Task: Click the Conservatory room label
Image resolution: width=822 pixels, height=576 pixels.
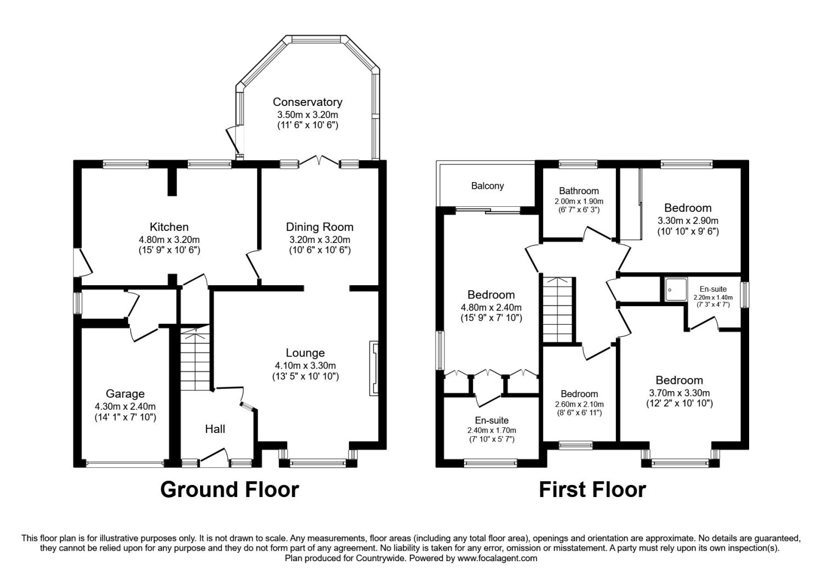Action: pyautogui.click(x=307, y=102)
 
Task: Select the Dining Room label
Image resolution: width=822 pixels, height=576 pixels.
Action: pyautogui.click(x=319, y=227)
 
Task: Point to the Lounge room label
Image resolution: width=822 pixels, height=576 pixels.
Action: pyautogui.click(x=305, y=353)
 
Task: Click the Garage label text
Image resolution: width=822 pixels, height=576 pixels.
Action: pyautogui.click(x=125, y=394)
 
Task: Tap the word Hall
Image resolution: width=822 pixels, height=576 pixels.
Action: pyautogui.click(x=215, y=429)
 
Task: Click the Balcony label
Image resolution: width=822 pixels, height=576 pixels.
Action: pyautogui.click(x=487, y=186)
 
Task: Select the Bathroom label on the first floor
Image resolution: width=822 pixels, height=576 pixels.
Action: pyautogui.click(x=579, y=191)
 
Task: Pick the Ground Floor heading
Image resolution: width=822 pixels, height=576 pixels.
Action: pyautogui.click(x=230, y=489)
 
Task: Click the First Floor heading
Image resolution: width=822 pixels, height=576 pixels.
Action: pyautogui.click(x=592, y=489)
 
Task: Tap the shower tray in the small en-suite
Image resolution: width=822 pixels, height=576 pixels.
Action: pyautogui.click(x=675, y=290)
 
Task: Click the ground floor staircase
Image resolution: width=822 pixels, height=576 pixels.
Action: pyautogui.click(x=196, y=359)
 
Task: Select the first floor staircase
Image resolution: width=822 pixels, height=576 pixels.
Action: pyautogui.click(x=557, y=310)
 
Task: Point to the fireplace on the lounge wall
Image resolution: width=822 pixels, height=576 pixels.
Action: pyautogui.click(x=374, y=368)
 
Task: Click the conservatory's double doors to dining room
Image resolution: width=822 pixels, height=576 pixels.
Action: pyautogui.click(x=319, y=161)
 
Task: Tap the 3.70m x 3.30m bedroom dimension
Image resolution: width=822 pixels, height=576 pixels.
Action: pyautogui.click(x=679, y=393)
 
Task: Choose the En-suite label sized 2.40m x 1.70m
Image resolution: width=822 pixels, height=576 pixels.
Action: pyautogui.click(x=492, y=421)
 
